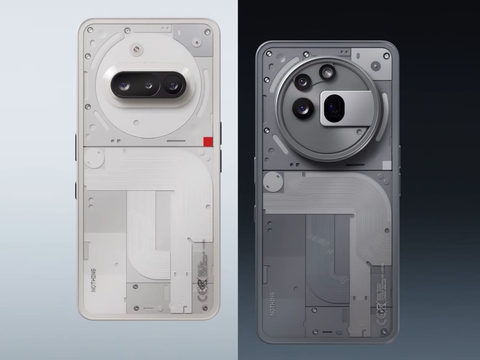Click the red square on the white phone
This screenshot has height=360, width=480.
[x=208, y=141]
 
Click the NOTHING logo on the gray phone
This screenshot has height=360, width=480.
[x=272, y=302]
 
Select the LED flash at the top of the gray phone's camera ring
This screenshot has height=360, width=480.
[x=327, y=72]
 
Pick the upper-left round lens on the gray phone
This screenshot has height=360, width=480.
[x=303, y=81]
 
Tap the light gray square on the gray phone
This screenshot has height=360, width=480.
[x=387, y=166]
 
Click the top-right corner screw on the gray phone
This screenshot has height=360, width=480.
[x=386, y=56]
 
